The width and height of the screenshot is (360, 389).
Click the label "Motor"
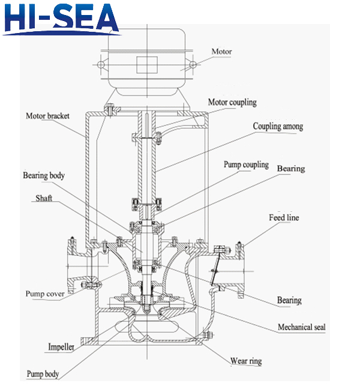tap(221, 52)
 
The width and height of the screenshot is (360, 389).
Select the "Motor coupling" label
tap(232, 102)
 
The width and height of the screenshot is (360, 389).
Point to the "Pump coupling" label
tap(246, 164)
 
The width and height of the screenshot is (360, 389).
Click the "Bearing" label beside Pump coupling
tap(290, 169)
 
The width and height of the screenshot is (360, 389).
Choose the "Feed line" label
tap(284, 217)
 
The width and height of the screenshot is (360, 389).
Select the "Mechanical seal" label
tap(301, 327)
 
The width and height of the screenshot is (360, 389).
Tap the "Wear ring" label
tap(246, 361)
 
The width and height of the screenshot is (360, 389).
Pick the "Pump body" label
tap(43, 374)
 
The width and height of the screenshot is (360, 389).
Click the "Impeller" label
tap(61, 347)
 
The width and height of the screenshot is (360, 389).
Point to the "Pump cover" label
tap(45, 294)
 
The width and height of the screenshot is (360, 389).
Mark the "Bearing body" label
tap(44, 176)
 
